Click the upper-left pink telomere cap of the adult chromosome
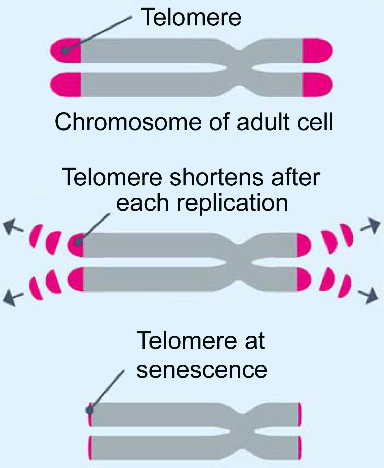pos(66,51)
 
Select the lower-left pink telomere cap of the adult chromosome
pos(66,85)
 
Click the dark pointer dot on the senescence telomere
pos(89,410)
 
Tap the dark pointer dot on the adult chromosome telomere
pos(66,51)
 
